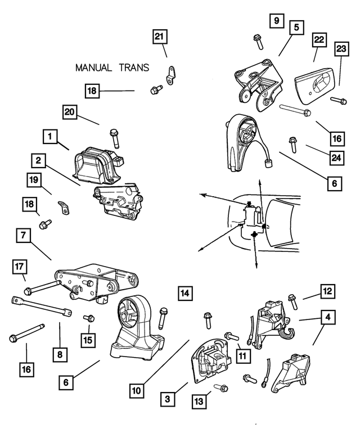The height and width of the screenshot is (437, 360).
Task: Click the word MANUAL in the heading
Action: pyautogui.click(x=94, y=68)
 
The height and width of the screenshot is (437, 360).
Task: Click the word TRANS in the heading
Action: pyautogui.click(x=134, y=68)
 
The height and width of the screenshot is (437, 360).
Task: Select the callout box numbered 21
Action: pyautogui.click(x=160, y=37)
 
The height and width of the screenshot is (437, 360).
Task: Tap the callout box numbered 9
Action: pyautogui.click(x=276, y=21)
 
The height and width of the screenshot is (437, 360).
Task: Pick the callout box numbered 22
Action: pyautogui.click(x=319, y=40)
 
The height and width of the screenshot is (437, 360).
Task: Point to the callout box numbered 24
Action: pyautogui.click(x=336, y=158)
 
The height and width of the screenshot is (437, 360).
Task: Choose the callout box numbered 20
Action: pyautogui.click(x=70, y=112)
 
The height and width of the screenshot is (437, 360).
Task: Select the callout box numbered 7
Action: pyautogui.click(x=23, y=236)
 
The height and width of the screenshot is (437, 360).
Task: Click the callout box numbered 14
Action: pyautogui.click(x=186, y=292)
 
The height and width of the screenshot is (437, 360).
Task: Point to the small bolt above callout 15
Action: pyautogui.click(x=88, y=319)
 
